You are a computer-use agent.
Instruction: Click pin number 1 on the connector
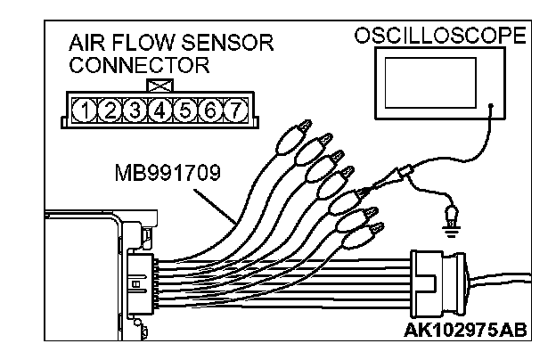pyautogui.click(x=84, y=110)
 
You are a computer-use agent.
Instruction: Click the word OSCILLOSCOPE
pyautogui.click(x=440, y=37)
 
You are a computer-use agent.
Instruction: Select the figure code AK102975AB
pyautogui.click(x=464, y=331)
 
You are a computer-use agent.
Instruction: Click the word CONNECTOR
pyautogui.click(x=138, y=65)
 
